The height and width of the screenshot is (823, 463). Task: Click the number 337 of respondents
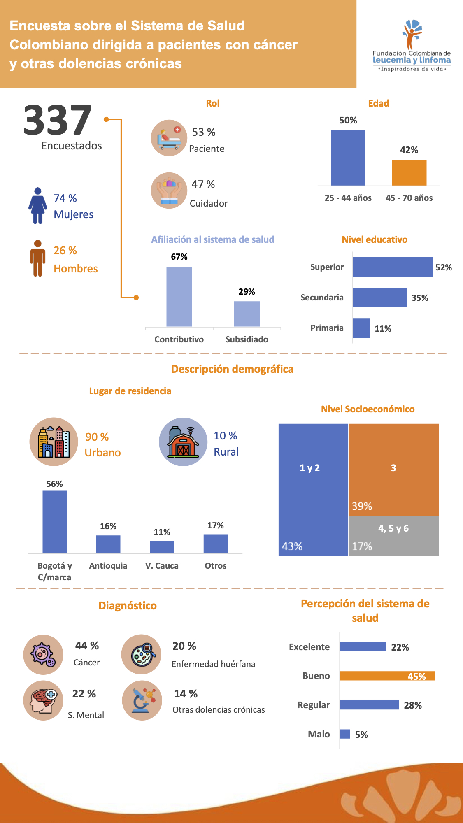point(57,120)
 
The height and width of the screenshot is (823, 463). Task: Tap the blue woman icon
point(37,205)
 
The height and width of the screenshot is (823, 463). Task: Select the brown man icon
point(37,258)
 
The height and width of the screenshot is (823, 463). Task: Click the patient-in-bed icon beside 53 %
point(169,138)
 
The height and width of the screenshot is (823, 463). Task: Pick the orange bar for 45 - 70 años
point(409,172)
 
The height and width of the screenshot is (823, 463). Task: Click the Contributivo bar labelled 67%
point(179,296)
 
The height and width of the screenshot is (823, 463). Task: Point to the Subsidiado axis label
point(247,339)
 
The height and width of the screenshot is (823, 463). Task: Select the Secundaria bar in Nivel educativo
point(379,298)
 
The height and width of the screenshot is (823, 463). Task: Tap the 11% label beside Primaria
point(383,329)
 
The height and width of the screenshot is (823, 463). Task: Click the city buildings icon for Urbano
point(54,442)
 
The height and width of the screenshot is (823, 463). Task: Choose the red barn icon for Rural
point(183,442)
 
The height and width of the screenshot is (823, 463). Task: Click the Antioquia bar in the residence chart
point(108,544)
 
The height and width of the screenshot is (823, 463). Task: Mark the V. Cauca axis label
point(162,566)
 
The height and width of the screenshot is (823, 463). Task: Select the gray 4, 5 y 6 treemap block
point(393,536)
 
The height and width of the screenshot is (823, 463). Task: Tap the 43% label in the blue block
point(292,546)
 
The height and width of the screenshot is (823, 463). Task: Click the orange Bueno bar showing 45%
point(387,676)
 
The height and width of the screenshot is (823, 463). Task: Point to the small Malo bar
point(345,734)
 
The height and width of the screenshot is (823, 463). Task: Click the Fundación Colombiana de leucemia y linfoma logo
point(411,45)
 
